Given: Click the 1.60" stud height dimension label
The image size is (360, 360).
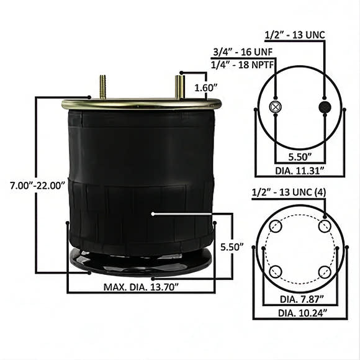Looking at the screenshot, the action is click(x=206, y=88).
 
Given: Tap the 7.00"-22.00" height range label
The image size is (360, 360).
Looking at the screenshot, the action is click(x=38, y=186).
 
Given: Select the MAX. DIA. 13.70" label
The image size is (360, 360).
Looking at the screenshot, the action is click(x=141, y=287).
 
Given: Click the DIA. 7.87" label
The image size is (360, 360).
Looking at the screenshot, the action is click(x=302, y=299).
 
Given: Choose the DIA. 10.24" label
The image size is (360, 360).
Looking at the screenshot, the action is click(x=303, y=313).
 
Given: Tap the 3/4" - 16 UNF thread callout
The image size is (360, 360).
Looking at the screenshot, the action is click(x=243, y=52).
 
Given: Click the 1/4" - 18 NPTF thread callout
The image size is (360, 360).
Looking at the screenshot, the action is click(x=243, y=65).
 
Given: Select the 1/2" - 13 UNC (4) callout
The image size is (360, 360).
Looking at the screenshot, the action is click(x=289, y=192).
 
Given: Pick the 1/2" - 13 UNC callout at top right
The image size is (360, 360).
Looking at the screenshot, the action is click(x=295, y=35).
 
